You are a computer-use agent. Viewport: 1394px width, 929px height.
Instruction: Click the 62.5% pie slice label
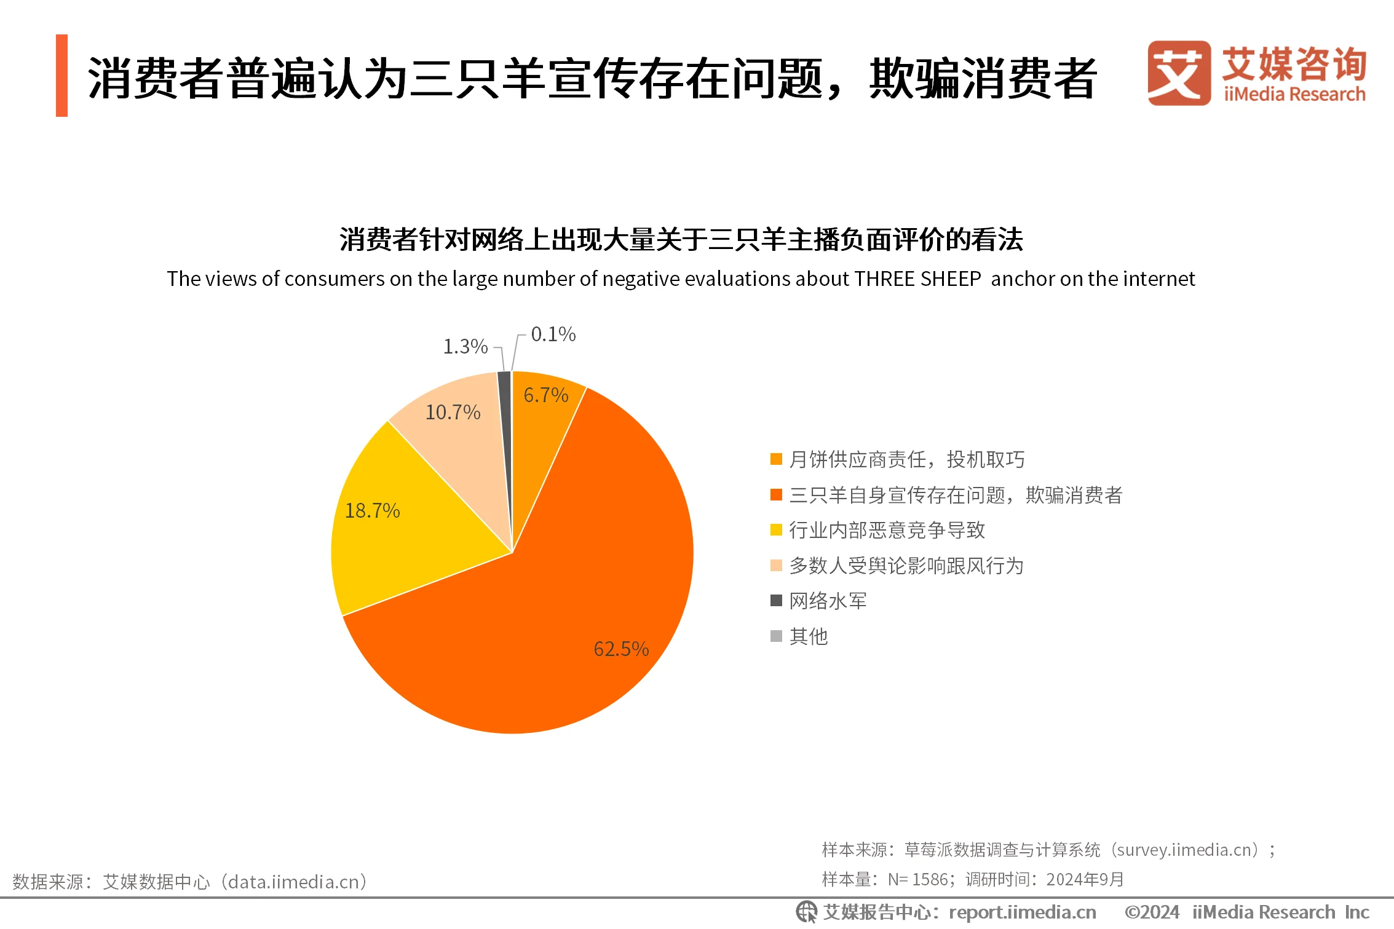[x=621, y=649]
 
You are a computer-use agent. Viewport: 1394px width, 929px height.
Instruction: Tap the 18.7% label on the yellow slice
[x=372, y=510]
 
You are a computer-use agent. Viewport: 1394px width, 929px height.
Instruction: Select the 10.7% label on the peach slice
[x=453, y=412]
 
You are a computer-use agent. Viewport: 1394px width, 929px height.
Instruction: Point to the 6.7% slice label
[x=545, y=395]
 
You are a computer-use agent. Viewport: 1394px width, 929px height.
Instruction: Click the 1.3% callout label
[x=465, y=346]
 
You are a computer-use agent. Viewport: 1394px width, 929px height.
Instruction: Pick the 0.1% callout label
[x=553, y=334]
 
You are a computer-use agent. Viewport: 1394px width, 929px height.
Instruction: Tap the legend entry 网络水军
[x=828, y=601]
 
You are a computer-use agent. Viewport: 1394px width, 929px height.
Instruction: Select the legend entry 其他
[x=808, y=636]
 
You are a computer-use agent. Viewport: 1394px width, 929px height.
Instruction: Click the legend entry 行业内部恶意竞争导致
[x=887, y=530]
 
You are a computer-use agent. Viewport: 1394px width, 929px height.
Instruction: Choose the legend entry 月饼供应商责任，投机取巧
[x=906, y=459]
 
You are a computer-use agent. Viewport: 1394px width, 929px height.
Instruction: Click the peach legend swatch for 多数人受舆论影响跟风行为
[x=776, y=566]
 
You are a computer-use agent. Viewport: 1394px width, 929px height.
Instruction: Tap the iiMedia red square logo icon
[x=1178, y=73]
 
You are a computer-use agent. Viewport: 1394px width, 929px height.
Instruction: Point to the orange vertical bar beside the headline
[x=61, y=76]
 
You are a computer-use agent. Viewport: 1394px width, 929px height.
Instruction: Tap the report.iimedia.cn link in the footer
[x=1022, y=912]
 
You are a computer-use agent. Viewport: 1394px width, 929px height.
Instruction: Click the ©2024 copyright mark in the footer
[x=1151, y=912]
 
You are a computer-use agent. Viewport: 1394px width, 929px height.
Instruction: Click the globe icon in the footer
[x=806, y=912]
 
